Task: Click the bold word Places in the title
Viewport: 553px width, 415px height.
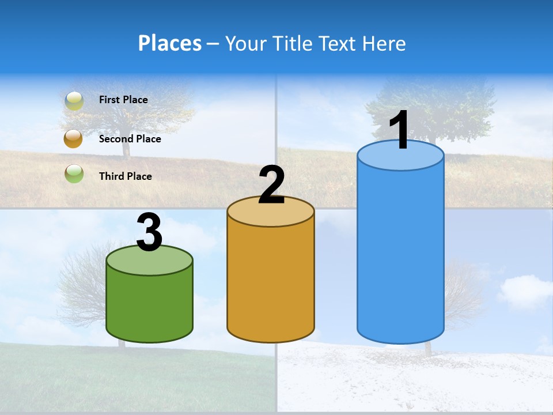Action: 170,43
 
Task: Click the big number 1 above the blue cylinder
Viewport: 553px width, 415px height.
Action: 399,130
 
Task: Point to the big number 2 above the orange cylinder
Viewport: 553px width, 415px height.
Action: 271,185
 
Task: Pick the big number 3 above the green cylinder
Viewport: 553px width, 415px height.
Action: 150,232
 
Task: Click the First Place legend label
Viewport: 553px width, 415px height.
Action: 123,100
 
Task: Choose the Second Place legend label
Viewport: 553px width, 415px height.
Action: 130,139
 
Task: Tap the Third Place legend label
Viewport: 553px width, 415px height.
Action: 125,176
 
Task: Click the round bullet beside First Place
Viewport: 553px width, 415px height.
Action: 74,100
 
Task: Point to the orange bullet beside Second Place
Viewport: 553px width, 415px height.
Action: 74,139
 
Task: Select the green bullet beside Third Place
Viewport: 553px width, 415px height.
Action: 74,173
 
